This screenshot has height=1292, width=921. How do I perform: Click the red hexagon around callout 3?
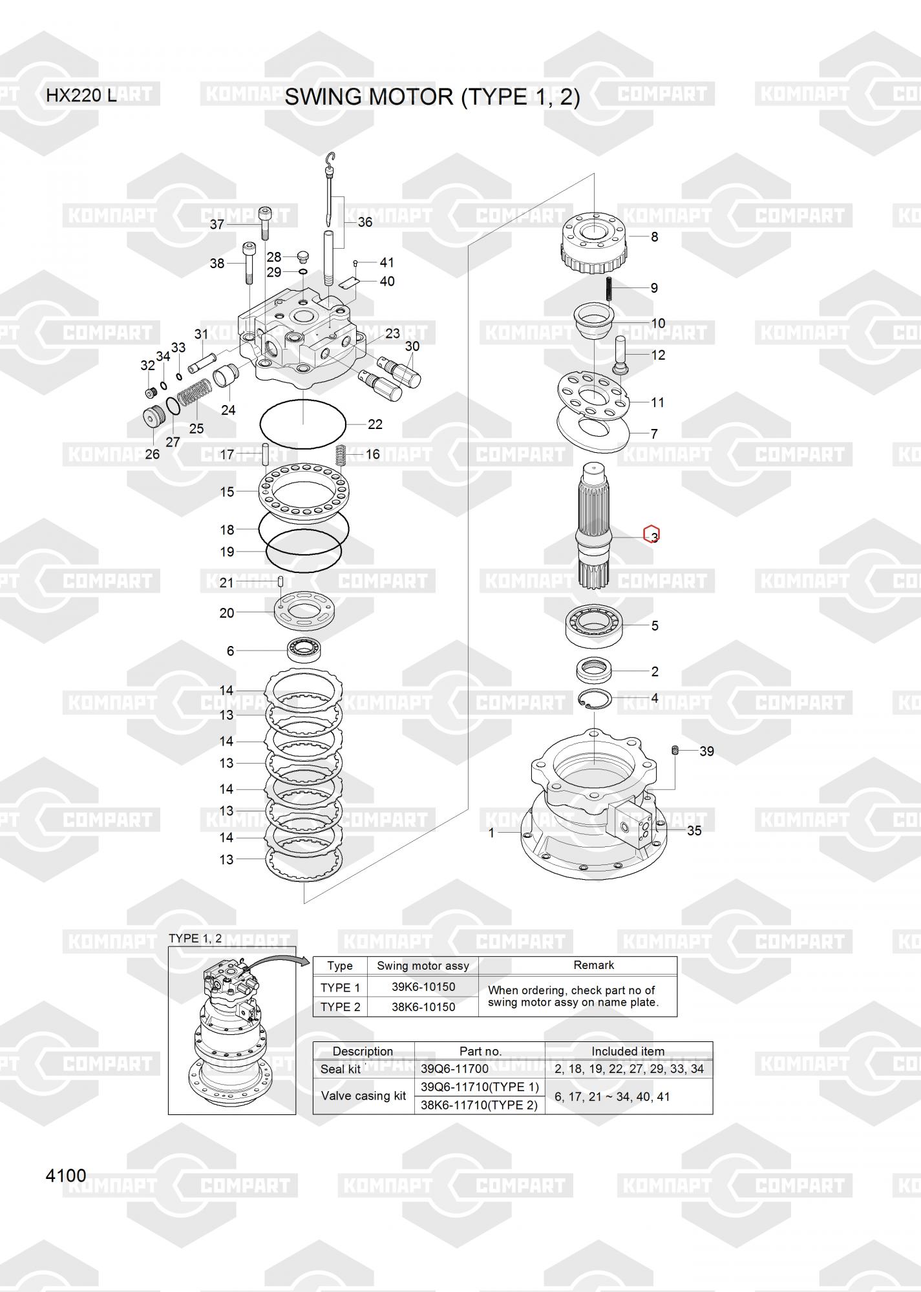click(651, 534)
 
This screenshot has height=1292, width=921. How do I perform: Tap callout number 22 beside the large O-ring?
click(375, 424)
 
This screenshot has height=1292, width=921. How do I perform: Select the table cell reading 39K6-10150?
click(423, 987)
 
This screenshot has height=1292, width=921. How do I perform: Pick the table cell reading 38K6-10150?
click(423, 1006)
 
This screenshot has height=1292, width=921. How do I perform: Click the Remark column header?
click(593, 965)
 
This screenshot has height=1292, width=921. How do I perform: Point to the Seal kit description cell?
click(341, 1069)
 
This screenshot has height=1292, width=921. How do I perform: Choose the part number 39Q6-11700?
click(454, 1069)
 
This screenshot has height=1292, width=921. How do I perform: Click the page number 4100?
click(66, 1175)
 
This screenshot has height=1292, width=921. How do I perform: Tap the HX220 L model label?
click(81, 96)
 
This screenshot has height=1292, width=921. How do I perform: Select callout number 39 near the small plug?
click(706, 751)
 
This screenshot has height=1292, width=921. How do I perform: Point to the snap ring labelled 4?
click(593, 700)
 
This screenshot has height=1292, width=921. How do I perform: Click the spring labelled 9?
click(609, 288)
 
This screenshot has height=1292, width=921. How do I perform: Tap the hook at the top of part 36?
click(332, 158)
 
